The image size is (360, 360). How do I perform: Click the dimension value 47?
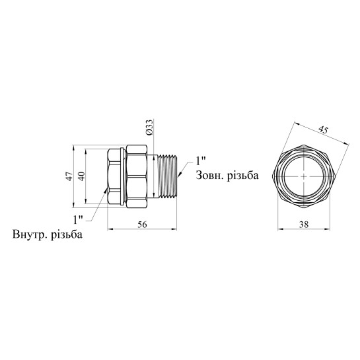(x=70, y=176)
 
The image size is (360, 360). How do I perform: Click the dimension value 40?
(x=82, y=176)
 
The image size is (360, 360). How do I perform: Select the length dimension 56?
(x=142, y=225)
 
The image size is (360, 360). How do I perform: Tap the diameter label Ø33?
(x=149, y=127)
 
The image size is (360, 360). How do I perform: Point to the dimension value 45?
(x=323, y=130)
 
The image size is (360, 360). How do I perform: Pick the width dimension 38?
(x=304, y=225)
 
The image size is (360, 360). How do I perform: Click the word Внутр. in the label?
(x=29, y=234)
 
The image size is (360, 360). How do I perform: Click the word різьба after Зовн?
(x=242, y=176)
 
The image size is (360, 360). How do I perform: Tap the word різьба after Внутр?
(x=67, y=234)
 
